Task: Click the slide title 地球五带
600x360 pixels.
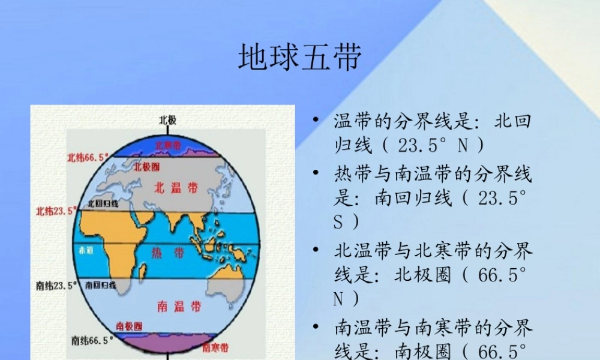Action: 300,58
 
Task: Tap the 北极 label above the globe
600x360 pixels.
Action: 167,120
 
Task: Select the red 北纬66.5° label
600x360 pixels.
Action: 88,158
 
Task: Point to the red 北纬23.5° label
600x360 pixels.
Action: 56,211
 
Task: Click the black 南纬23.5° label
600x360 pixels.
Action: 57,285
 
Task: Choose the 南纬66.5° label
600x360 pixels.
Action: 92,340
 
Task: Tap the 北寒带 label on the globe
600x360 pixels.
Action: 168,145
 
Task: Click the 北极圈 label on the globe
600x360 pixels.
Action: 146,166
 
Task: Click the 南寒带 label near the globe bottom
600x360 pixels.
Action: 215,347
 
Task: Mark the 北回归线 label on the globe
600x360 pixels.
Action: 103,204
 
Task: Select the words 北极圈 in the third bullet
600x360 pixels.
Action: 422,275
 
